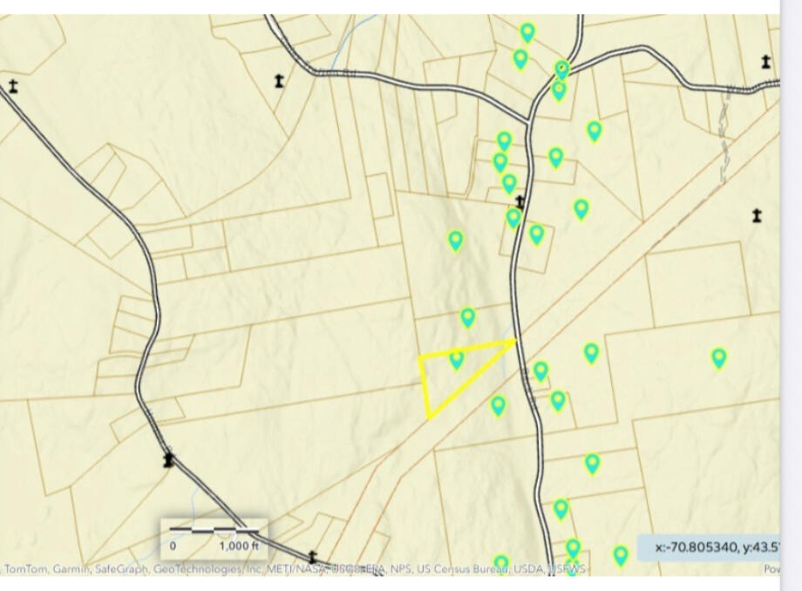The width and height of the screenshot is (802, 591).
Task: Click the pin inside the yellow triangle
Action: coord(456,358)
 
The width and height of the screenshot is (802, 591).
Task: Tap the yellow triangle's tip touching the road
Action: coord(515,341)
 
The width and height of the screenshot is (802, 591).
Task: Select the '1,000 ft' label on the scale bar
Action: coord(239,546)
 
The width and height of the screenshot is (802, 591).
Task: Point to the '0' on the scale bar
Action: coord(173,546)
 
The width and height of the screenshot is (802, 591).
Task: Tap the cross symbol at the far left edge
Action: coord(13,85)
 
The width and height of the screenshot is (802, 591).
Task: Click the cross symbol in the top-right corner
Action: coord(766,62)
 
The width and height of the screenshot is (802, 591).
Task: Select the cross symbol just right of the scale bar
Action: coord(312,556)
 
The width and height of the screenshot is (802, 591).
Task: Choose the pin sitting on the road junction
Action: coord(562,69)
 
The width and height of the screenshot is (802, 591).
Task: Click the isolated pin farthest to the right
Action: coord(719,357)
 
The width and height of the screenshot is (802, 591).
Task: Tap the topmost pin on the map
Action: coord(527,33)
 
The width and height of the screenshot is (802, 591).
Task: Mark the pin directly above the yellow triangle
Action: coord(468,317)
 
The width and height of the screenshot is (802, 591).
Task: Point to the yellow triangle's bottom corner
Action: coord(429,417)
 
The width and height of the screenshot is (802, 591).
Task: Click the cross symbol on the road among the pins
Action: coord(520,202)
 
